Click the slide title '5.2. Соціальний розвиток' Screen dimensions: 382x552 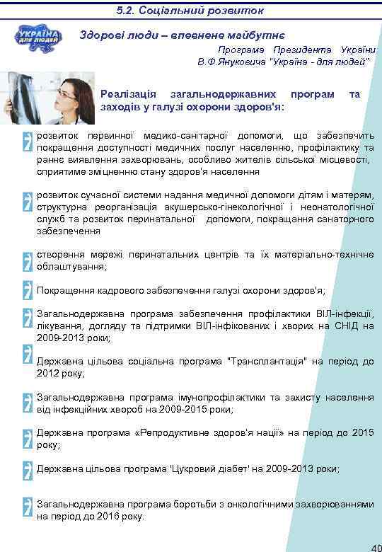point(190,11)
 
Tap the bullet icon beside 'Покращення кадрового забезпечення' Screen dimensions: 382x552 point(27,290)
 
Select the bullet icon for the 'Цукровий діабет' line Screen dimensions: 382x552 point(27,469)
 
